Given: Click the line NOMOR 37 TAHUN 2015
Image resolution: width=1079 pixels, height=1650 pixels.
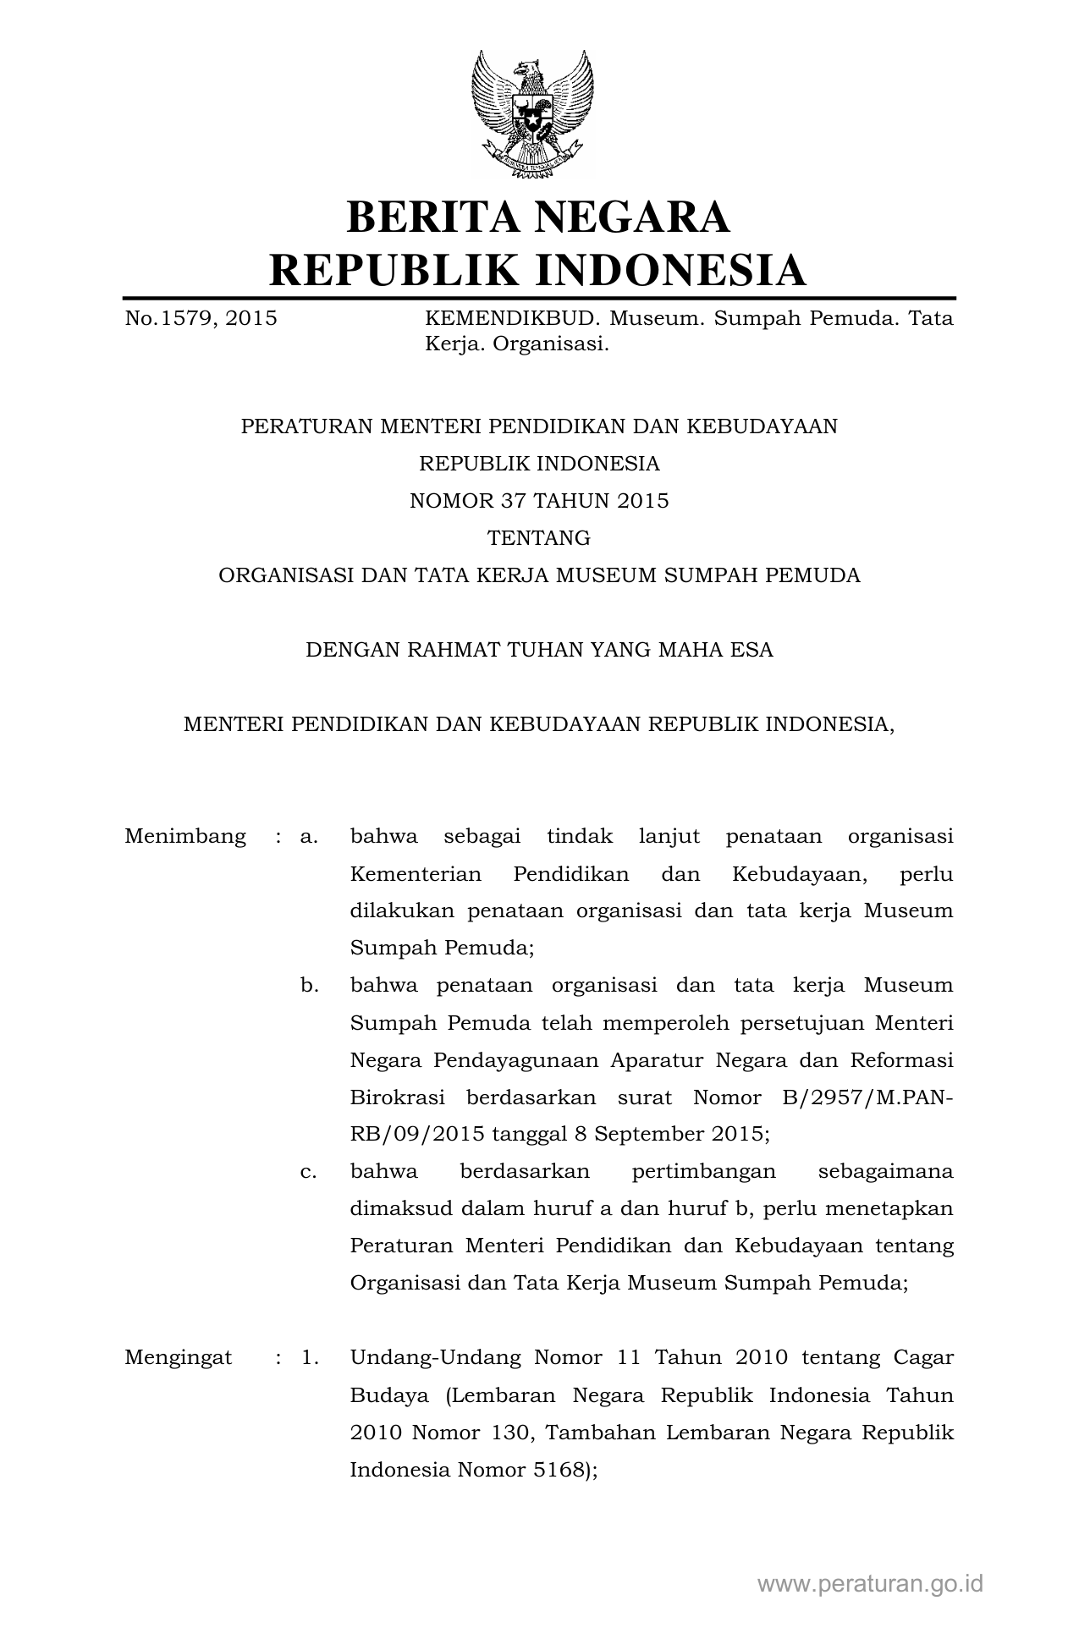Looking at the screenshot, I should tap(539, 501).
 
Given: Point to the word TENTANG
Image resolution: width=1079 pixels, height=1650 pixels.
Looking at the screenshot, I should tap(539, 538).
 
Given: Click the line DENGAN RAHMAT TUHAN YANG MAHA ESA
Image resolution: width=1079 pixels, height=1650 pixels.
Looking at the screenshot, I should tap(539, 650).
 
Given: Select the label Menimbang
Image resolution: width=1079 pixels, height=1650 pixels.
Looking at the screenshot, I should tap(185, 837).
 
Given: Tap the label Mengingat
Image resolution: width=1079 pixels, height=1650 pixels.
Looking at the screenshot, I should tap(178, 1358).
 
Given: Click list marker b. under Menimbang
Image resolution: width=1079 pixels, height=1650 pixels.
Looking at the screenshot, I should tap(309, 986).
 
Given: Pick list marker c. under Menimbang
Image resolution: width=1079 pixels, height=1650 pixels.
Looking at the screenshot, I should tap(309, 1172).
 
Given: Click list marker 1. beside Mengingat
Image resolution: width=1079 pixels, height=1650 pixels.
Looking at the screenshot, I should tap(310, 1358).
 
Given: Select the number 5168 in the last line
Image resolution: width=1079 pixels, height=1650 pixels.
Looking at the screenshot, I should tap(559, 1470).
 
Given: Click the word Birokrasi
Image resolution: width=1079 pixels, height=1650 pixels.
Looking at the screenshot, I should tap(397, 1097).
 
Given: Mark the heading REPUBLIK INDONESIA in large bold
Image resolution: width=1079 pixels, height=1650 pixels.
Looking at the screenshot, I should tap(538, 270).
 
